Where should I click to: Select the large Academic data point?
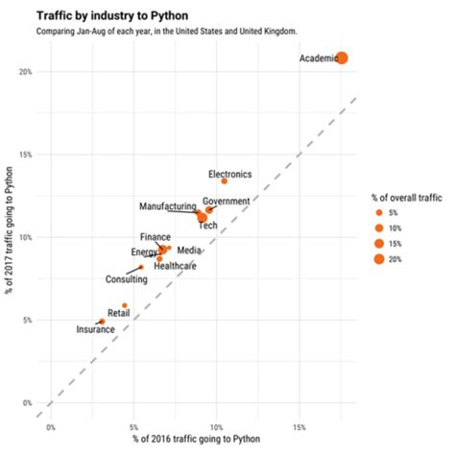coord(341,59)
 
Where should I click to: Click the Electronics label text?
coord(229,174)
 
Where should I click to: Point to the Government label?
coord(227,201)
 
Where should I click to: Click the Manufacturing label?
coord(167,206)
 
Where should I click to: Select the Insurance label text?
coord(96,329)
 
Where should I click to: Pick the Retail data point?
coord(124,305)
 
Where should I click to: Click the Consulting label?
coord(126,279)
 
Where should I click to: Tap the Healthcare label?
coord(175,266)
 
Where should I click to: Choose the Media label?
coord(189,251)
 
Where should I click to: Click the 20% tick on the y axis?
coord(27,72)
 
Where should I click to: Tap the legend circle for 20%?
coord(379,259)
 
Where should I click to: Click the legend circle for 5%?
coord(379,213)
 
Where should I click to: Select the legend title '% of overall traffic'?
coord(407,197)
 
